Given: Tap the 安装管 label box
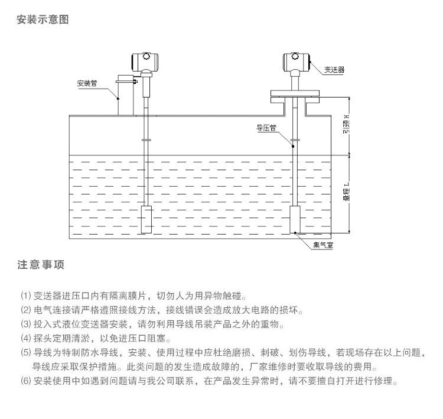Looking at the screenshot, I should click(x=87, y=83).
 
